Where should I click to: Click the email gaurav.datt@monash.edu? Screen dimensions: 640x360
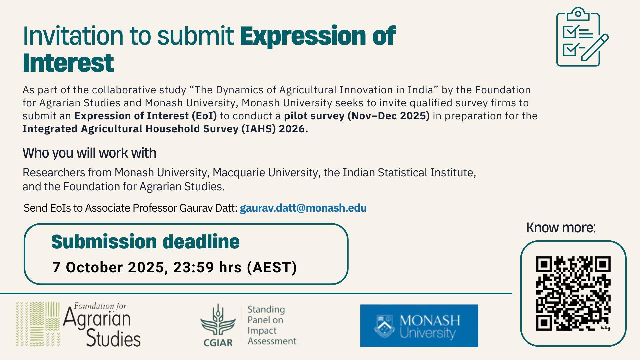303,208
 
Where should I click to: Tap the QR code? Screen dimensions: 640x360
573,293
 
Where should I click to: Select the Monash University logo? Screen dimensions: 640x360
419,326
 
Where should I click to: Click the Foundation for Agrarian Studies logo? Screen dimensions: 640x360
78,324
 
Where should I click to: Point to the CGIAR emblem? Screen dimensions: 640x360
218,325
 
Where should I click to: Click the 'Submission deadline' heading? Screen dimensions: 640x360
145,242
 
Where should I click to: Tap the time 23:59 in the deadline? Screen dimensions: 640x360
193,267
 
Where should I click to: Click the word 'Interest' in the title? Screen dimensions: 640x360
68,63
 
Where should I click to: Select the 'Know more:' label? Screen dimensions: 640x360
561,228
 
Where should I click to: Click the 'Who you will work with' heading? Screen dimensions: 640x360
89,153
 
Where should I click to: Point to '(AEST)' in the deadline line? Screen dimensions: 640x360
272,267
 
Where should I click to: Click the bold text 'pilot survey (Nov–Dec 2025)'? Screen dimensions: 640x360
357,116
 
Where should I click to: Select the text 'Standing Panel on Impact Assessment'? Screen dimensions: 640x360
272,325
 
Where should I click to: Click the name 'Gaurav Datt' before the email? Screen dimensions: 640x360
208,208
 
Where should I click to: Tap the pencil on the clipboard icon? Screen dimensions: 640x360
595,47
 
